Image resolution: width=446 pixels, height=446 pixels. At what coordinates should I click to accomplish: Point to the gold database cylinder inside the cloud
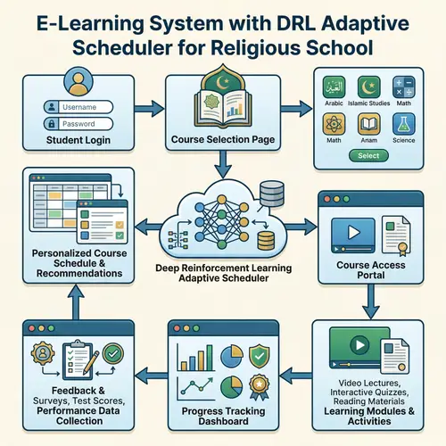264,241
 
